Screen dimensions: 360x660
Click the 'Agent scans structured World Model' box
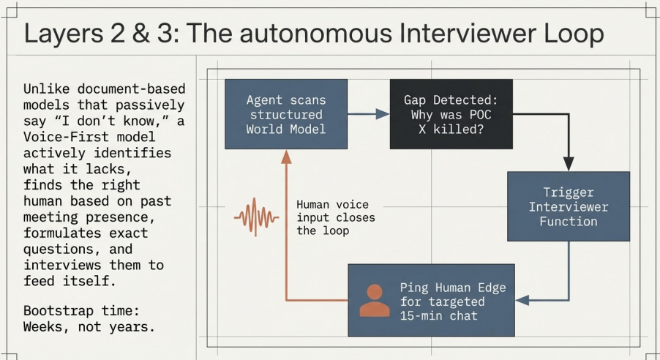click(285, 113)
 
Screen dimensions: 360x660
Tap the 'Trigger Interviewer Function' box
click(569, 206)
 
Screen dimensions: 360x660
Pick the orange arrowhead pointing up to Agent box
click(286, 157)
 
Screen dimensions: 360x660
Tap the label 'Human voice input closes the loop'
click(335, 217)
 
